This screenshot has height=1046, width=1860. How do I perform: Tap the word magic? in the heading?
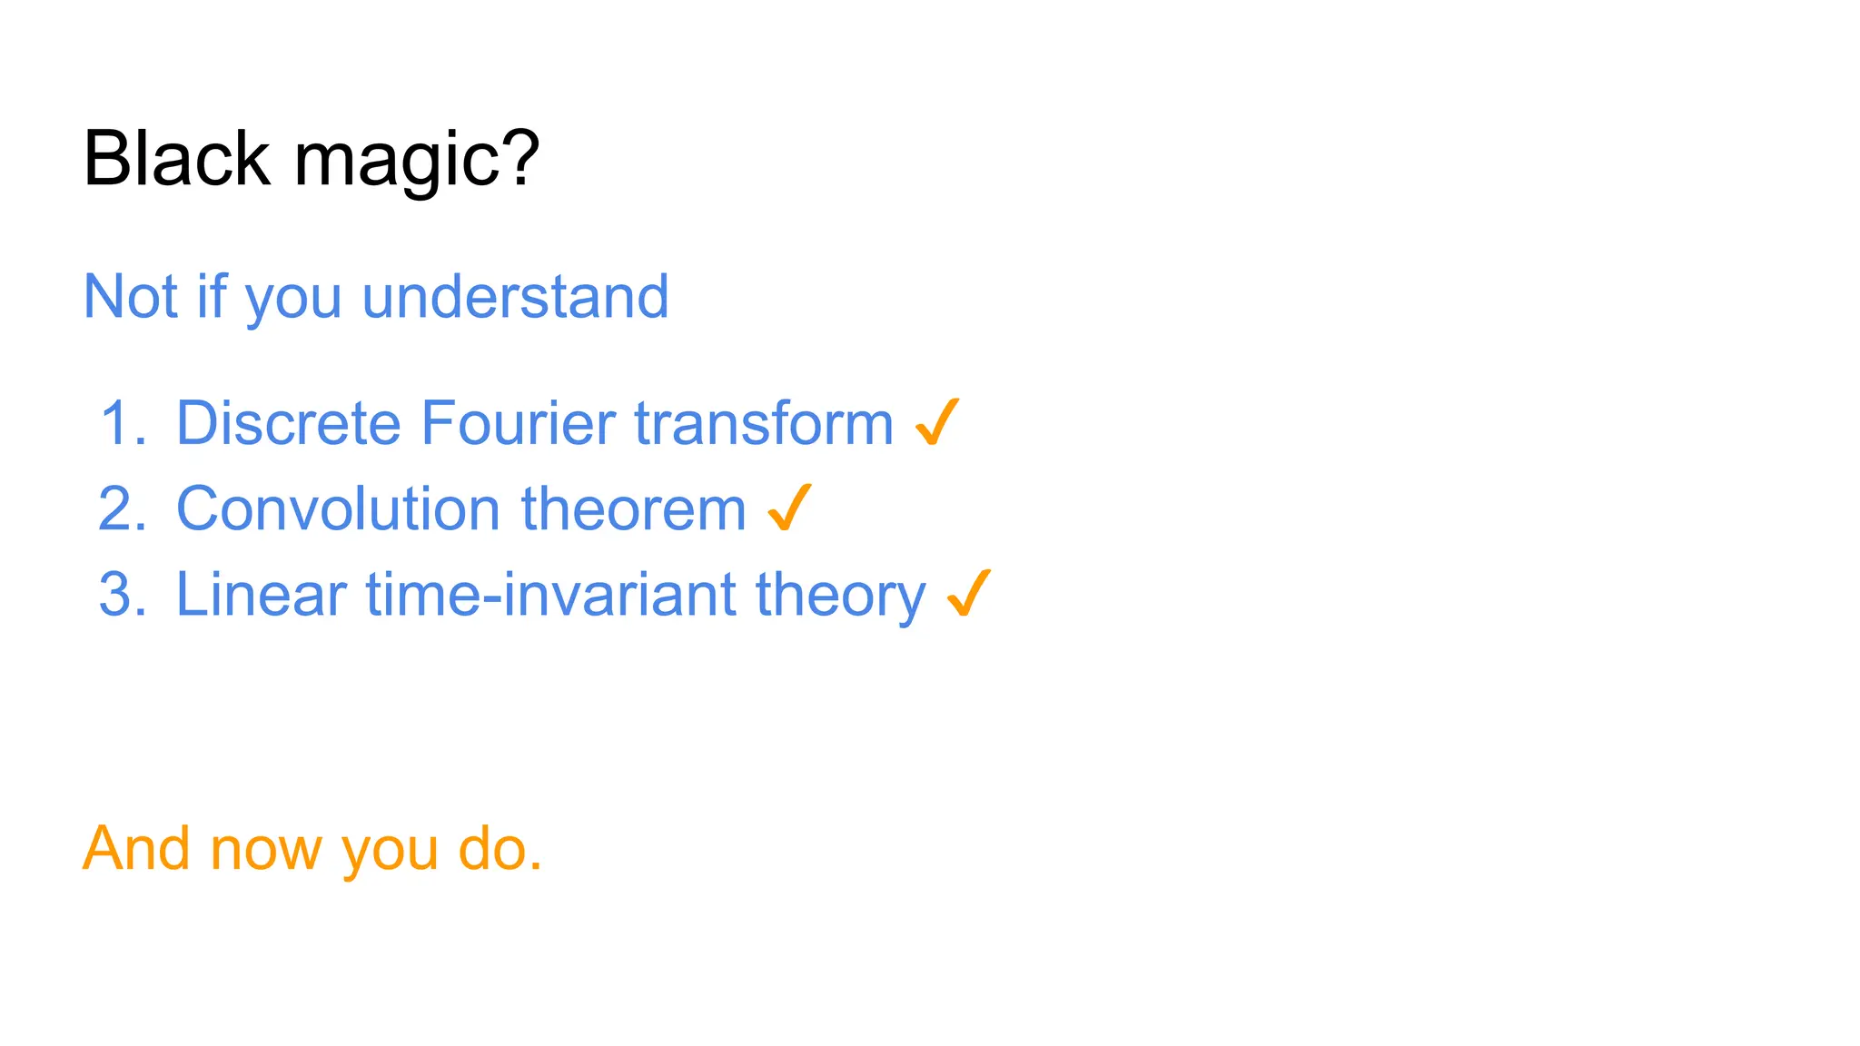tap(417, 162)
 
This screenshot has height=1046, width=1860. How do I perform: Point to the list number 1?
tap(122, 423)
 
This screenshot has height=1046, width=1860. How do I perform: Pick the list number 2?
tap(122, 508)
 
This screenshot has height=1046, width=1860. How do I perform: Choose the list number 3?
tap(122, 595)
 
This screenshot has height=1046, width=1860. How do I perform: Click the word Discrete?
tap(288, 423)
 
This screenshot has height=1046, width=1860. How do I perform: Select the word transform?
tap(764, 423)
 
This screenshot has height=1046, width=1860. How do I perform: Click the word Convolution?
tap(337, 508)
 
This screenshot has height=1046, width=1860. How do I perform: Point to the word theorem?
tap(633, 508)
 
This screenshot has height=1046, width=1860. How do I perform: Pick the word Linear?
tap(261, 595)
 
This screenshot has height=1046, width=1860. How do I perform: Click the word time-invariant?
tap(549, 595)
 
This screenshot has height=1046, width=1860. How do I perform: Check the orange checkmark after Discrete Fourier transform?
tap(936, 422)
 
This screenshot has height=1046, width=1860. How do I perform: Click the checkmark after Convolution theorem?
tap(789, 508)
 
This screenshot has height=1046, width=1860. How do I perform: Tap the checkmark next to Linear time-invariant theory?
tap(968, 593)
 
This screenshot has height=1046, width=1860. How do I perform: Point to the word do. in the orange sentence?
tap(500, 849)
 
